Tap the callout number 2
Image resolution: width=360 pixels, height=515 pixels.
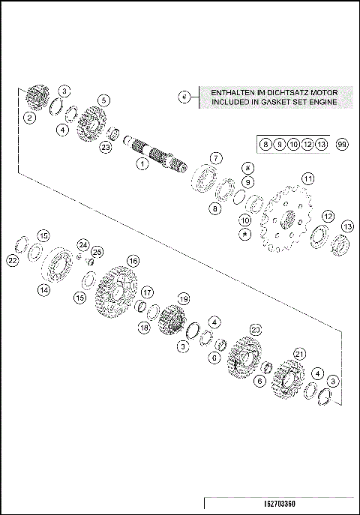[x=29, y=117]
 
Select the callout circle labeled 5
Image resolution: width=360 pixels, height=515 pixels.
[x=103, y=100]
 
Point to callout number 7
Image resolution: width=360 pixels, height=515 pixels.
[x=215, y=158]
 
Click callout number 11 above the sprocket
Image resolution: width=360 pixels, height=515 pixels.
[x=307, y=178]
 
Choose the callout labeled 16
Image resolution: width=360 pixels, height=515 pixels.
[x=133, y=260]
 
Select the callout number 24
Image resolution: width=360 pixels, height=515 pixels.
[x=84, y=244]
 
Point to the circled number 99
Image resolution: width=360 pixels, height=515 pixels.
[x=342, y=143]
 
